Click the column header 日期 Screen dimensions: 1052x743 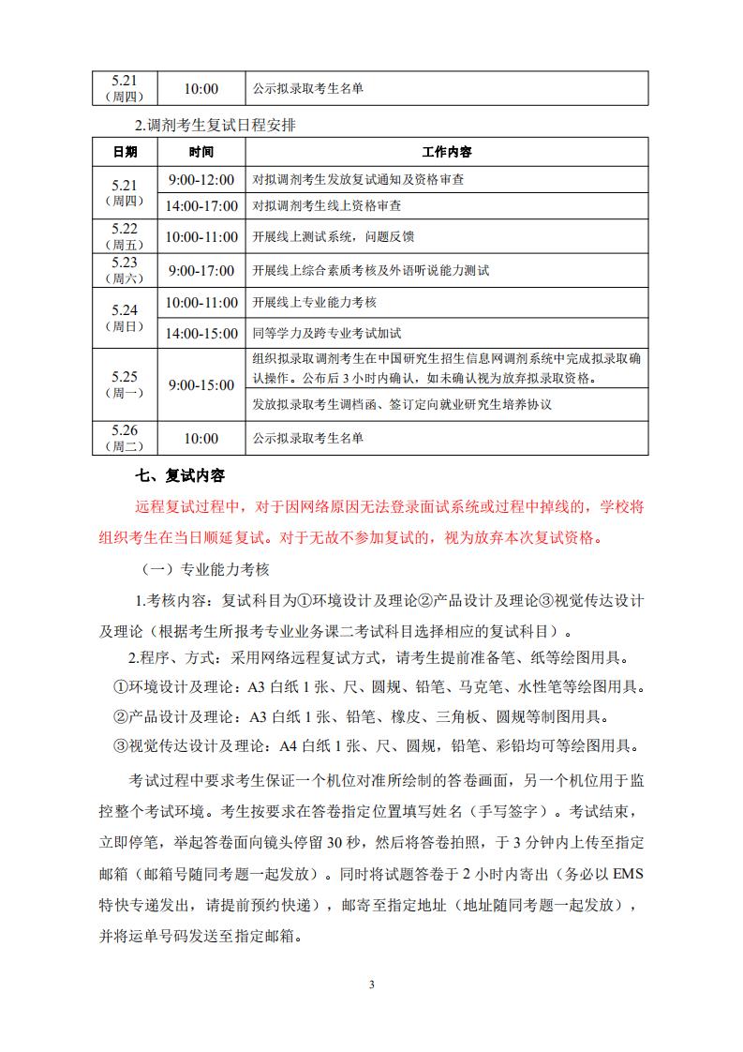coord(125,152)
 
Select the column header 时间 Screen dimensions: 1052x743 coord(201,152)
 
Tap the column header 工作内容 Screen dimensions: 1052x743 coord(446,152)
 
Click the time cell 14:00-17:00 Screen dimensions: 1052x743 coord(201,204)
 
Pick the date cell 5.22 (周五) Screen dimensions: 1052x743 coord(125,236)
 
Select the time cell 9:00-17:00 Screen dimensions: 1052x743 coord(201,271)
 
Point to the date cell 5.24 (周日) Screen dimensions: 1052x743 coord(125,317)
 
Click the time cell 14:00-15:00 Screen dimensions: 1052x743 coord(201,333)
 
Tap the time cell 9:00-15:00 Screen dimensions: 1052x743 coord(201,385)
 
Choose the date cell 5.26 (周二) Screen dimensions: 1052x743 coord(125,437)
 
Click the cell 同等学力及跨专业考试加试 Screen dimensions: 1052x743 coord(327,333)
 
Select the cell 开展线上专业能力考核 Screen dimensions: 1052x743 coord(315,303)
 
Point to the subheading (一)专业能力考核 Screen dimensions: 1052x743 coord(205,570)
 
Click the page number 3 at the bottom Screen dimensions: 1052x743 coord(372,984)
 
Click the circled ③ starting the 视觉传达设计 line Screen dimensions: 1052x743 coord(119,747)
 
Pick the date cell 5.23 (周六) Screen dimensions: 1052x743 coord(125,270)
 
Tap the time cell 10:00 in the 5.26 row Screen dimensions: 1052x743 coord(201,438)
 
